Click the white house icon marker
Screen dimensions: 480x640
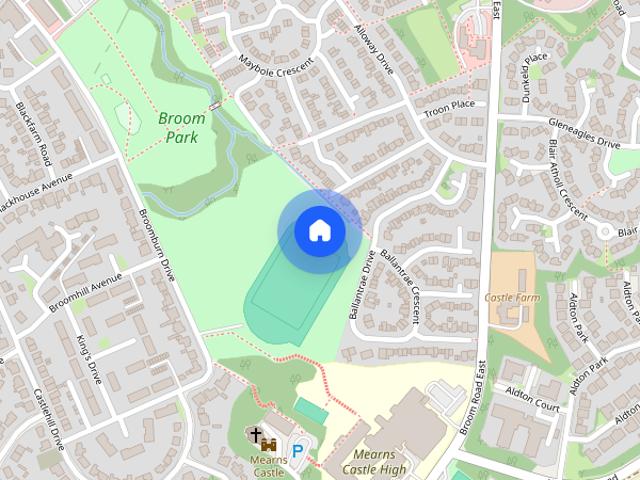(319, 230)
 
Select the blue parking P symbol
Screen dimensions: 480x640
(297, 451)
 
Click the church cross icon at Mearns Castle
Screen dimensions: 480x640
(256, 435)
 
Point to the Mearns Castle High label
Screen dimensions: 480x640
(374, 462)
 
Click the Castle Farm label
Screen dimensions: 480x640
(512, 297)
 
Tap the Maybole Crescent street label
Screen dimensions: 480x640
(276, 67)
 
